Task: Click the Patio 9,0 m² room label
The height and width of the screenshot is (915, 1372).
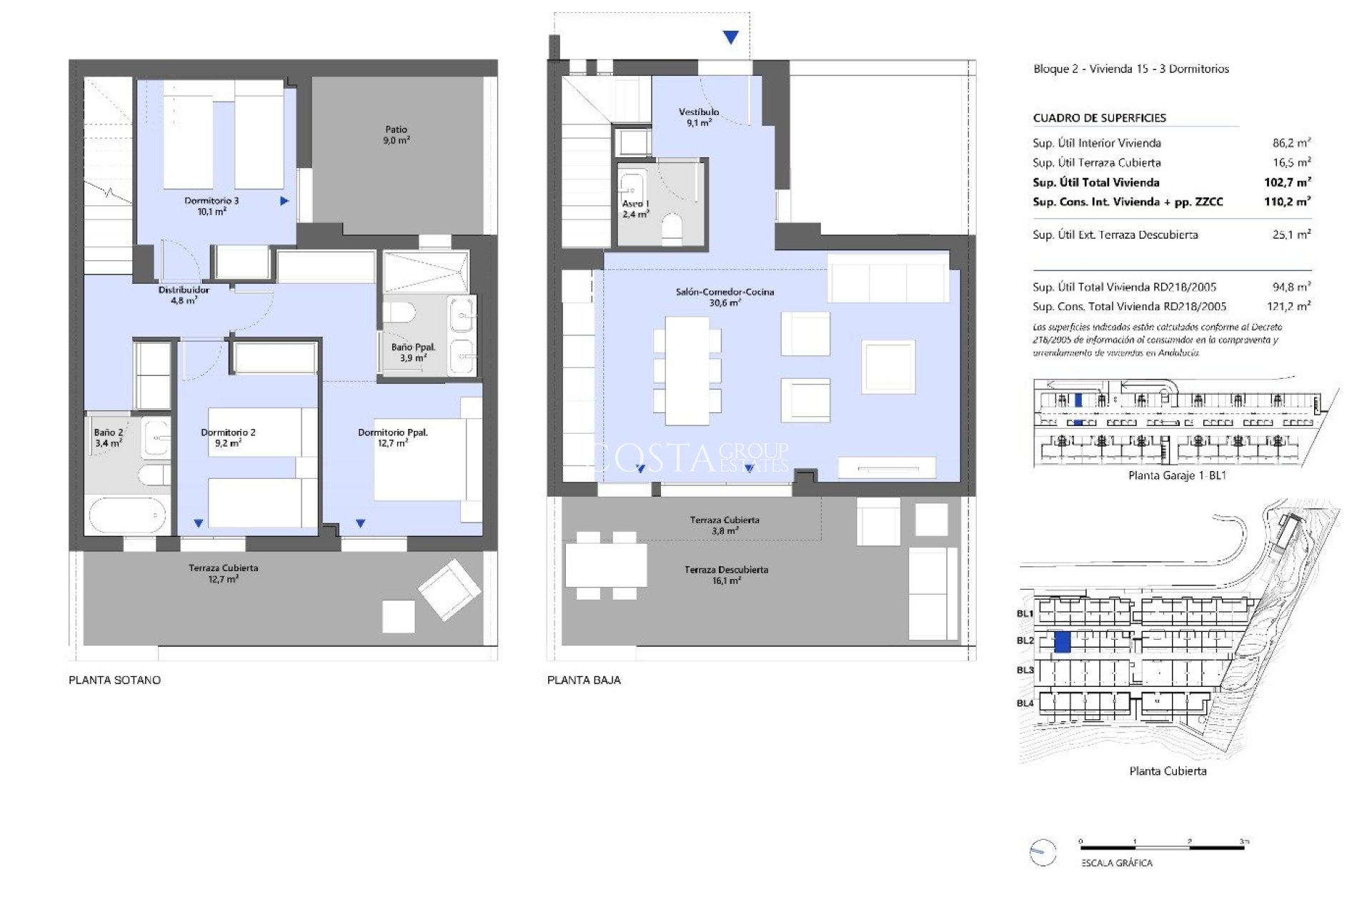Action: pos(397,135)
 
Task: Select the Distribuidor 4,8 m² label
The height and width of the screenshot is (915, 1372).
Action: pos(184,295)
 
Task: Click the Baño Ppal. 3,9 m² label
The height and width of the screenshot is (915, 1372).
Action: pos(413,352)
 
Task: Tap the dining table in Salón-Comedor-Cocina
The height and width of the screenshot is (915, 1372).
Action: pos(687,370)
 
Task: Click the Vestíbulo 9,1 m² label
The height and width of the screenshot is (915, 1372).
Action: pos(699,117)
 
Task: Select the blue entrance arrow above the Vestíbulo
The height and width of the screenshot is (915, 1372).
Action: pos(730,38)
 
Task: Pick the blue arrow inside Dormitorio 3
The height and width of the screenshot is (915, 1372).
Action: pos(284,202)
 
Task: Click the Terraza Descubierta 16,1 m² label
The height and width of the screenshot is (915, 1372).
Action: pos(726,575)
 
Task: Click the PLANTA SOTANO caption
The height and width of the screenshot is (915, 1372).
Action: pos(114,680)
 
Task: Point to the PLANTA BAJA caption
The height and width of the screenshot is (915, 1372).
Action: pos(584,680)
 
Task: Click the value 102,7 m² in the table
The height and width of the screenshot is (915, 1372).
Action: pos(1287,182)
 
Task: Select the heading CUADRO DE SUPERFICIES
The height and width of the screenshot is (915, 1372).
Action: pos(1099,118)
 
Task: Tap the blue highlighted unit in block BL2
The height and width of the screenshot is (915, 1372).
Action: pos(1063,642)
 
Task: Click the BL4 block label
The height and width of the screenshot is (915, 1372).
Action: pos(1025,703)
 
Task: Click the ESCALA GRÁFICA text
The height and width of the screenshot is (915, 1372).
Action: pos(1117,863)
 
